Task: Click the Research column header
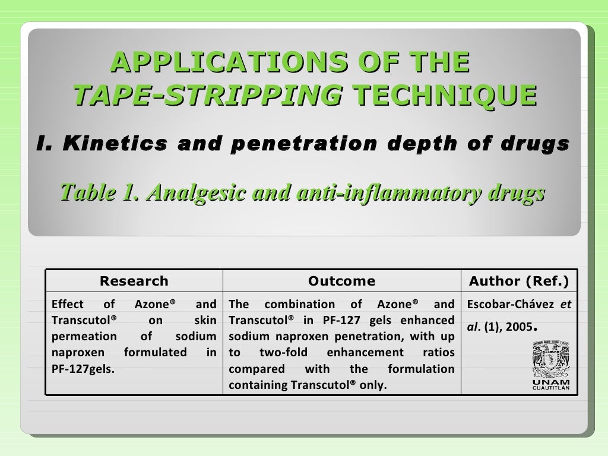(x=134, y=281)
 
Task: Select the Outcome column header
(x=341, y=281)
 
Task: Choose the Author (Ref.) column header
(x=519, y=281)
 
